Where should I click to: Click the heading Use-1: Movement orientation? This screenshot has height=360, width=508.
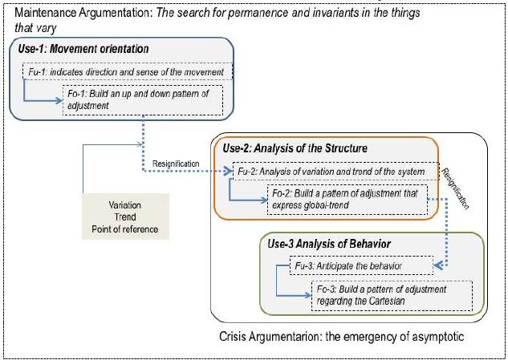pyautogui.click(x=84, y=50)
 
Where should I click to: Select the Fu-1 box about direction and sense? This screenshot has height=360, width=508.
pyautogui.click(x=126, y=72)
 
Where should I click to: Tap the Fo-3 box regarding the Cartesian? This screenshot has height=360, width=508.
pyautogui.click(x=391, y=295)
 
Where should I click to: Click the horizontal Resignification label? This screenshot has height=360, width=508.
pyautogui.click(x=176, y=163)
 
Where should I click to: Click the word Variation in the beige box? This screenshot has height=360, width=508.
pyautogui.click(x=124, y=205)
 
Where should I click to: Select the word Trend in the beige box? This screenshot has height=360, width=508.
pyautogui.click(x=124, y=218)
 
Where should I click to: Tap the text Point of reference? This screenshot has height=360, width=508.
pyautogui.click(x=124, y=231)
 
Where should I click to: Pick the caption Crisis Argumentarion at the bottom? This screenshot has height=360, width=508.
pyautogui.click(x=273, y=338)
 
